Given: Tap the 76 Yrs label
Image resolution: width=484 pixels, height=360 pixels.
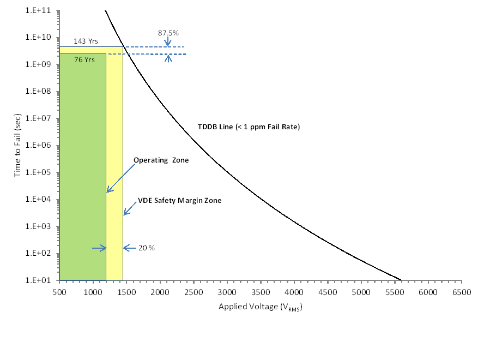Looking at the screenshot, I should tap(82, 59).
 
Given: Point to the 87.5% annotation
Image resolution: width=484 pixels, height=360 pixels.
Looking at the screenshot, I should tap(168, 33).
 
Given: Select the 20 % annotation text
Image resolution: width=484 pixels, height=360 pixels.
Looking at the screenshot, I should tap(147, 248).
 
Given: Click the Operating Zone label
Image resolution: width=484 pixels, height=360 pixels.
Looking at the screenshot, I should tap(161, 160).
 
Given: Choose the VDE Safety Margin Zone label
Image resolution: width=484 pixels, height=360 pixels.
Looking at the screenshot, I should tap(179, 201).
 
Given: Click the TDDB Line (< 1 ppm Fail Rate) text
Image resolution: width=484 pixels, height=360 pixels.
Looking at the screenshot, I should tap(249, 127).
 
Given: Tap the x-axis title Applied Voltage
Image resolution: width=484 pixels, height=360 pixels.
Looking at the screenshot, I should tap(260, 307).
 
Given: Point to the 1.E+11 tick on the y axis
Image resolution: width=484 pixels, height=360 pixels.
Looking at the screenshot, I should tap(38, 10).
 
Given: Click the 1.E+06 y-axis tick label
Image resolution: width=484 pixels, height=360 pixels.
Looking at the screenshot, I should tap(38, 146).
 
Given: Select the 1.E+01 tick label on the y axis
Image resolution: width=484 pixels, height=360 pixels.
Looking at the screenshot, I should tap(38, 280).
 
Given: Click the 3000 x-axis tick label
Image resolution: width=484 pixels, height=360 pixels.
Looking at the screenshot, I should tap(227, 293).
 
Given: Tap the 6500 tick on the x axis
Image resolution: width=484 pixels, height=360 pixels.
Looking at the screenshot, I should tap(461, 293).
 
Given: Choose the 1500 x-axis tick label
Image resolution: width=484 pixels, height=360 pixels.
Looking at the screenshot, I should tap(126, 293).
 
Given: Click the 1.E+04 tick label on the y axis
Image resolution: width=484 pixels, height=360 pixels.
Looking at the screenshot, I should tap(38, 200).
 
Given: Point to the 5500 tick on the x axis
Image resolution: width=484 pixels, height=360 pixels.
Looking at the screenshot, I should tap(394, 293).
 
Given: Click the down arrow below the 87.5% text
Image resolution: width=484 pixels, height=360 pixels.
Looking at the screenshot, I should tap(168, 42).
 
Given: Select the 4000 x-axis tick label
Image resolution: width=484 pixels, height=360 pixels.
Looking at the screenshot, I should tap(294, 293).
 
